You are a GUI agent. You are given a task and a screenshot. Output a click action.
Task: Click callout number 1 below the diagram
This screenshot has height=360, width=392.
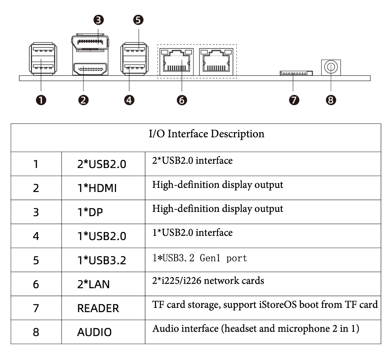(41, 100)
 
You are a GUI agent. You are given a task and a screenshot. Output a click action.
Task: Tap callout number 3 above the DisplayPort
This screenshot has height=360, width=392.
(99, 20)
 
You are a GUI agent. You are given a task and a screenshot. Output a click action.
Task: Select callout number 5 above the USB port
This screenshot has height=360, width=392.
(138, 20)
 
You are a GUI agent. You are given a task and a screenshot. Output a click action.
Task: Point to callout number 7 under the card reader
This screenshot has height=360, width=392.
(294, 100)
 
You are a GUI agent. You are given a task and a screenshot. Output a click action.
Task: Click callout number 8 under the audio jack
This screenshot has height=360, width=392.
(331, 100)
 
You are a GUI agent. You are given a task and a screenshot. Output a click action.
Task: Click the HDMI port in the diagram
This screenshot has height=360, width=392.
(90, 69)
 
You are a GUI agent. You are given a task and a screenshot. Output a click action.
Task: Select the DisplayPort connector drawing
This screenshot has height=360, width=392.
(90, 42)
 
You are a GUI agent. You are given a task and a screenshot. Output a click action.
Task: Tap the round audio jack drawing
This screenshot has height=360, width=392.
(331, 67)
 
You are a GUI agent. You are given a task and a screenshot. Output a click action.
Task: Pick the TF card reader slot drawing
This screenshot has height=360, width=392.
(296, 73)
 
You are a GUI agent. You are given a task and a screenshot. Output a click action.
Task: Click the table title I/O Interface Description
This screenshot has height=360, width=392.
(206, 134)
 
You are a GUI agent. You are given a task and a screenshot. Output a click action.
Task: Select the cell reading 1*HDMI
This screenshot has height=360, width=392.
(97, 188)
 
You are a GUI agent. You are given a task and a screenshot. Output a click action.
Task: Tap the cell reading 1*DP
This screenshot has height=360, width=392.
(90, 212)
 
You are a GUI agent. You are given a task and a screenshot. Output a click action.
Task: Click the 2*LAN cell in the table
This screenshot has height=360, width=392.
(93, 284)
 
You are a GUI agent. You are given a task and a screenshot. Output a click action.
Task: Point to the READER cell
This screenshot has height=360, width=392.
(98, 308)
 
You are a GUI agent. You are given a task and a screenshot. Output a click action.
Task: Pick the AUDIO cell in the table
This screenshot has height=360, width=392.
(94, 332)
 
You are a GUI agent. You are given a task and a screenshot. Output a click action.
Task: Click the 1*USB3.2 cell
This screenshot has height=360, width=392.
(101, 260)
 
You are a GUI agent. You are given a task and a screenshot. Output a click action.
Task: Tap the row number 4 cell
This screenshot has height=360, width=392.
(36, 236)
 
